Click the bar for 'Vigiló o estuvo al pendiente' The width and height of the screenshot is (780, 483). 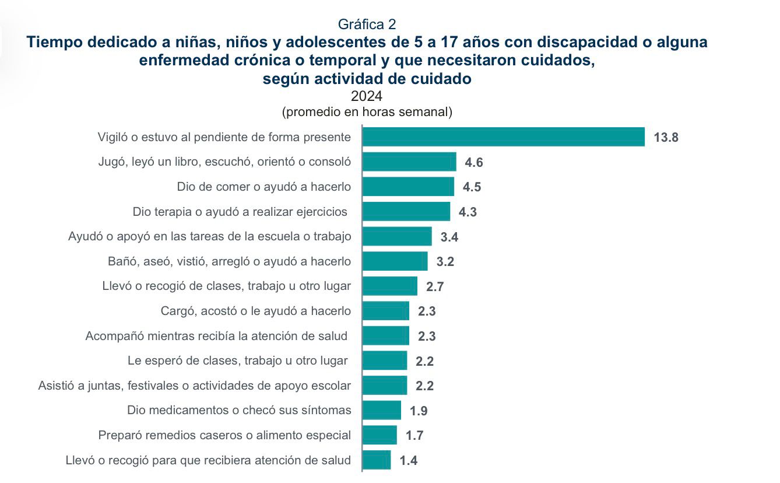(x=503, y=137)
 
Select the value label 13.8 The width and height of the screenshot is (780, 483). (x=666, y=138)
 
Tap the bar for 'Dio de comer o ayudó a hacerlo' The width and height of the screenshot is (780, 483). (x=408, y=187)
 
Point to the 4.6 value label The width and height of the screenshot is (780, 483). (x=473, y=163)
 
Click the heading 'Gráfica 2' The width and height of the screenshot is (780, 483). (x=367, y=24)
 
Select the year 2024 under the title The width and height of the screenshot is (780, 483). (x=367, y=96)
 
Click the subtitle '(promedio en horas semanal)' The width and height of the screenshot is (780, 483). (x=367, y=112)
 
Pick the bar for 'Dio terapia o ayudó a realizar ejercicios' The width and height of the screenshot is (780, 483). (x=406, y=212)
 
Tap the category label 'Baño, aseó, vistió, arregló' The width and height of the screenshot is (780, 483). (x=230, y=261)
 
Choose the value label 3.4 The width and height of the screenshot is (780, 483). (x=449, y=237)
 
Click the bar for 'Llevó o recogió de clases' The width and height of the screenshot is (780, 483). (x=389, y=286)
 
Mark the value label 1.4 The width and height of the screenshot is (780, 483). (x=408, y=461)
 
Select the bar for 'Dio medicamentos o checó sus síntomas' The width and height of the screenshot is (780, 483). (x=381, y=410)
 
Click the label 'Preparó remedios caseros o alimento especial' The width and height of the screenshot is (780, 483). (x=224, y=435)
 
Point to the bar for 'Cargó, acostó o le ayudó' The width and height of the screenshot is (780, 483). (x=385, y=311)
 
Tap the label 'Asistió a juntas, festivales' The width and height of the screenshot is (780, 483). (x=195, y=386)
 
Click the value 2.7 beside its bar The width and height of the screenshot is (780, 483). (x=435, y=287)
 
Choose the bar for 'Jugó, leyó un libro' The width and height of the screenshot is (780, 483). (x=409, y=162)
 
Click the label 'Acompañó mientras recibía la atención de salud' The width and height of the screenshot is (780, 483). (x=216, y=336)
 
